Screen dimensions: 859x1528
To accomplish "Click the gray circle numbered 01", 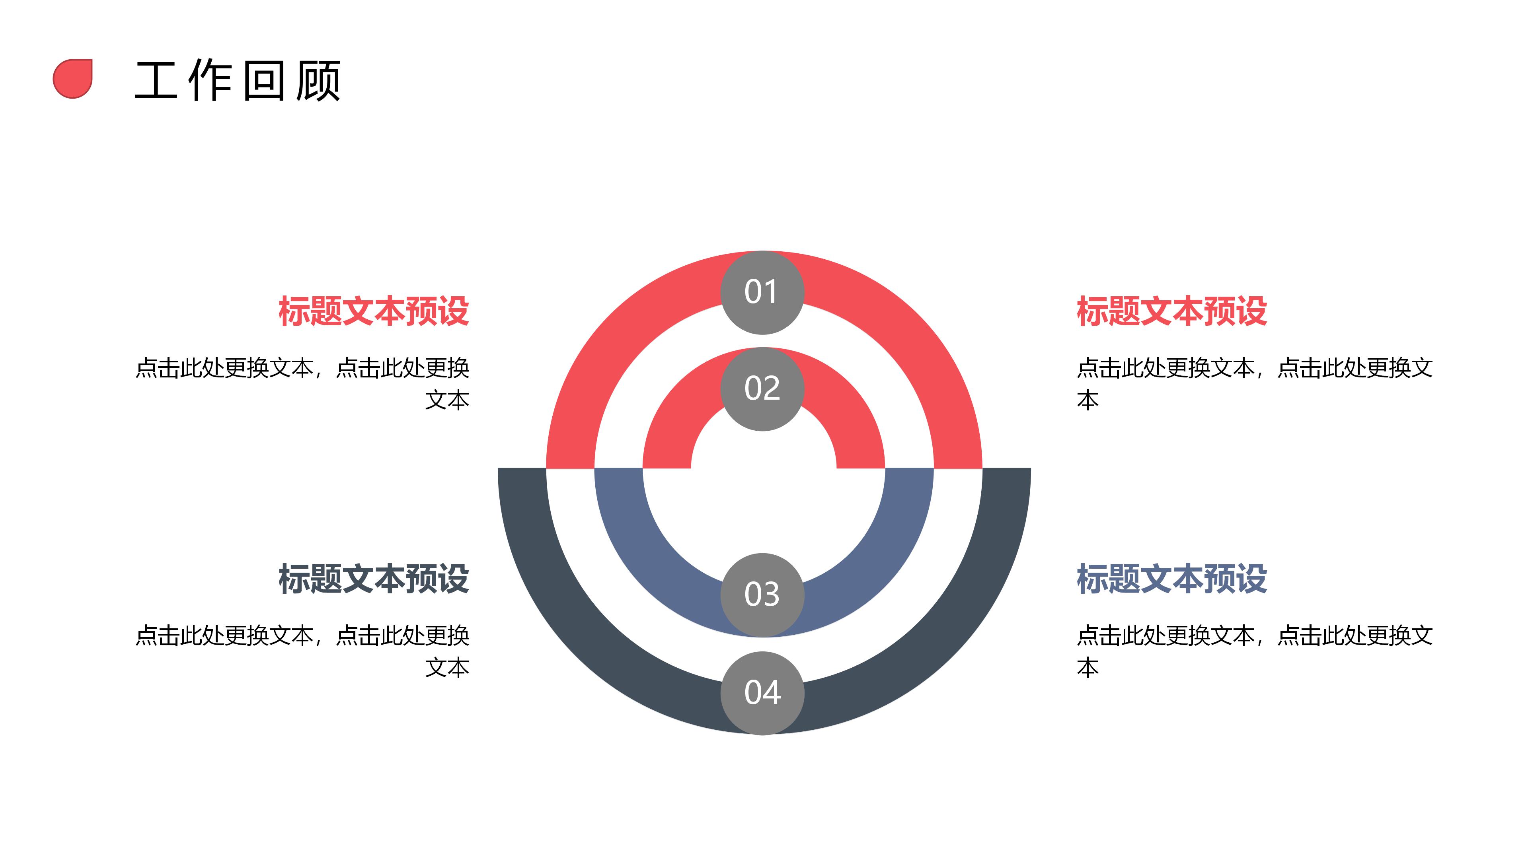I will [x=762, y=292].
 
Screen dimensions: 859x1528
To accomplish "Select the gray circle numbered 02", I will [x=762, y=389].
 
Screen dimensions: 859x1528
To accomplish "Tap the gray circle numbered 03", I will [x=762, y=595].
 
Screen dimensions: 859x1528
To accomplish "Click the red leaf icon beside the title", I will [x=73, y=79].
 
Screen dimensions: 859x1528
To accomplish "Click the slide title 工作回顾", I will [x=237, y=81].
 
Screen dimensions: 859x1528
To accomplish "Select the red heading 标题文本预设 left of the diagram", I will [x=374, y=311].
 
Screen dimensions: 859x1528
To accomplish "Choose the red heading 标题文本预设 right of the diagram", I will [x=1171, y=311].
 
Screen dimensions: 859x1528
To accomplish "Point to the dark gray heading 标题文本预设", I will [x=374, y=579].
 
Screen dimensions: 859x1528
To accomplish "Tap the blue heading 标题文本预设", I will [x=1171, y=579].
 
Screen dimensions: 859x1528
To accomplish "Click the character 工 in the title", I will [x=156, y=81].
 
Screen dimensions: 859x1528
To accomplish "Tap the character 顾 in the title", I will [x=318, y=81].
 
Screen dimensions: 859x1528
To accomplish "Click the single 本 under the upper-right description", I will [x=1088, y=401].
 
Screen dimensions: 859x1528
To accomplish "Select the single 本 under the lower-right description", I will [x=1088, y=669].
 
